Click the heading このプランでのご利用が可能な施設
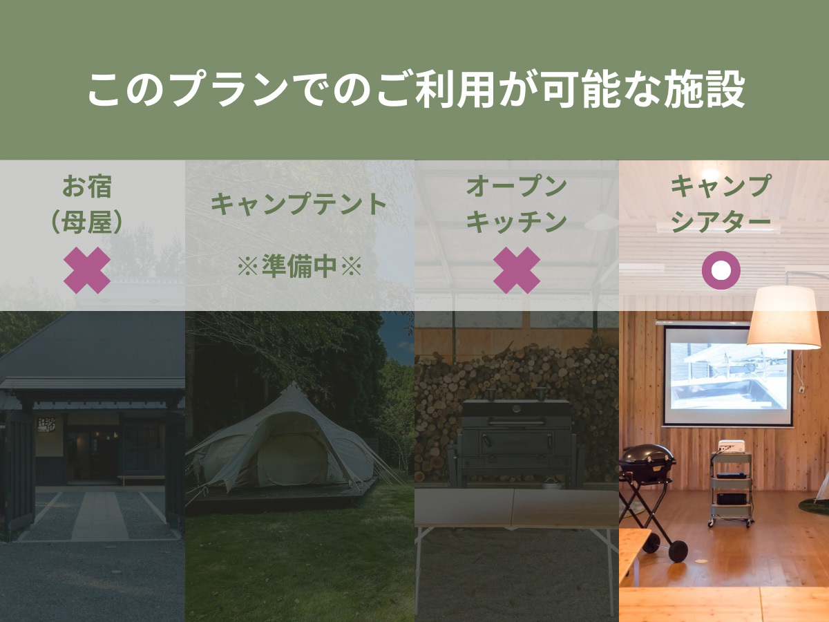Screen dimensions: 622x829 pos(415,89)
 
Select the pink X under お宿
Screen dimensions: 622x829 pos(87,270)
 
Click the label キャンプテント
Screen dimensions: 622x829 pos(298,205)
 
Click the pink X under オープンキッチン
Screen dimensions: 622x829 pos(517,270)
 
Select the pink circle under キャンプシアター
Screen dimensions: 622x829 pos(721,270)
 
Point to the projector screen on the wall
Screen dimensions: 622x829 pos(727,377)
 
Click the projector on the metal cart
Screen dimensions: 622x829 pos(730,446)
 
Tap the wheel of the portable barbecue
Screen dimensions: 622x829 pos(678,551)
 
